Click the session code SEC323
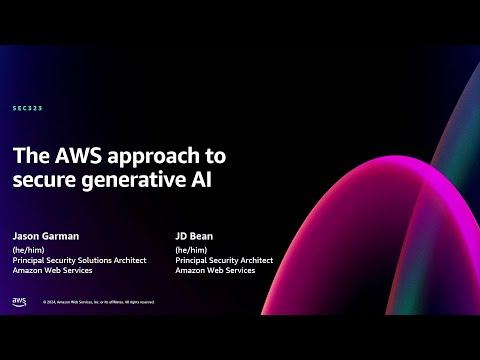click(28, 107)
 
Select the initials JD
click(180, 238)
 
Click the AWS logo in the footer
click(19, 300)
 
